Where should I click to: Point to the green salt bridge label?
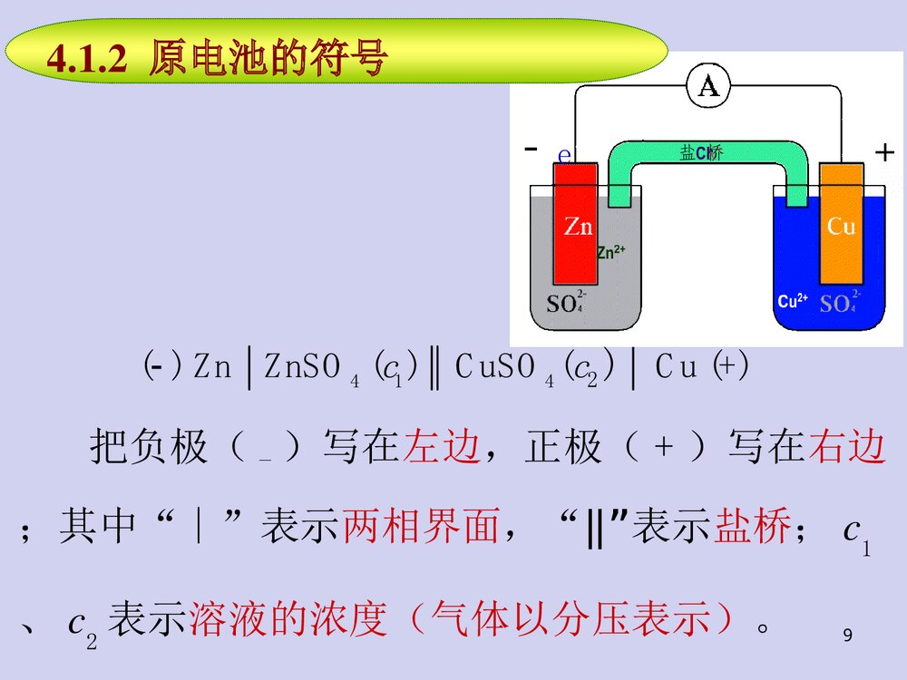click(701, 153)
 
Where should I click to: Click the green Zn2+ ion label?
click(611, 253)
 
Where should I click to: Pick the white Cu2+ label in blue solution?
click(793, 302)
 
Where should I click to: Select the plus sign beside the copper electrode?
click(884, 153)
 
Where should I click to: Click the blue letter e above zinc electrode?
click(564, 155)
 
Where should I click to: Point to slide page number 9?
click(847, 636)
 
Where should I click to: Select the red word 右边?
click(845, 448)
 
